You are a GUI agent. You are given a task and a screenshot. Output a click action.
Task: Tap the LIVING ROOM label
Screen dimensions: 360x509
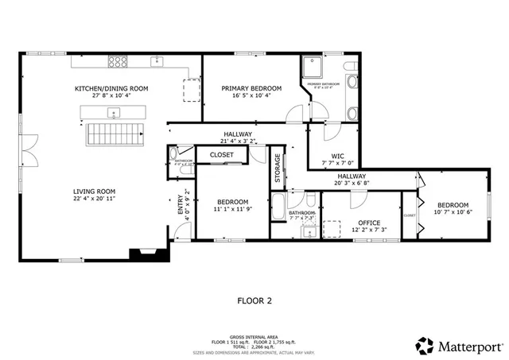95,191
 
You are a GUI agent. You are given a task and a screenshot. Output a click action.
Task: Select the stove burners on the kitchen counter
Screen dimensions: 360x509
119,60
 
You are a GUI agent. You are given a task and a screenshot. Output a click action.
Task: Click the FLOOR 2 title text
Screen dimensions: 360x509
255,301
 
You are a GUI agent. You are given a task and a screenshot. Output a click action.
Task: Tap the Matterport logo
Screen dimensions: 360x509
459,346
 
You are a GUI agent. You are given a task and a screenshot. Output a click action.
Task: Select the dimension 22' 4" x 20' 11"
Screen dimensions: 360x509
95,199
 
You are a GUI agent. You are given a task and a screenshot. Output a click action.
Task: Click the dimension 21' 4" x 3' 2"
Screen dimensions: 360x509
237,142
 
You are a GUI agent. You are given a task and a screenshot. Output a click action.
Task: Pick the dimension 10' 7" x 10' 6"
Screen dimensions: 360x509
451,212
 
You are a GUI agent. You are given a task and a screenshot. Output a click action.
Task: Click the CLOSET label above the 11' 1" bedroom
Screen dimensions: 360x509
221,155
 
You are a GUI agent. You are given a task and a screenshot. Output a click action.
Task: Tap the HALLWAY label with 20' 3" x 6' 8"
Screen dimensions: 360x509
351,176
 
